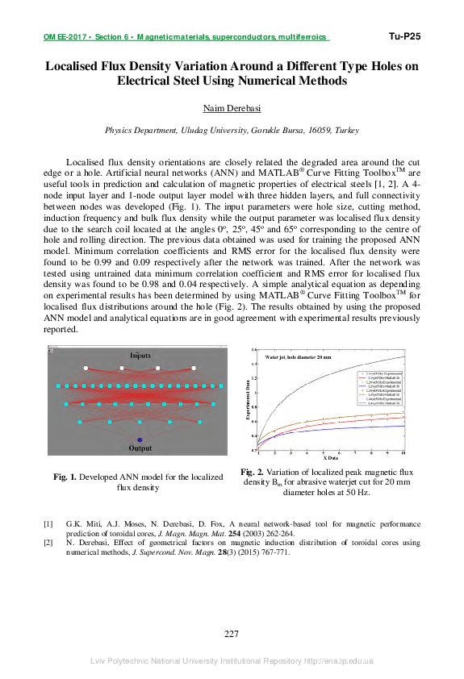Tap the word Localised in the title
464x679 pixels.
point(77,66)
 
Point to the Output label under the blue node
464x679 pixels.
point(140,448)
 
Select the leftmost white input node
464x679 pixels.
point(85,369)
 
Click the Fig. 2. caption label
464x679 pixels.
point(253,472)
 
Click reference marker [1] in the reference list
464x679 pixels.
point(48,523)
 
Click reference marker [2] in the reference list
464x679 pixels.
point(48,544)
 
